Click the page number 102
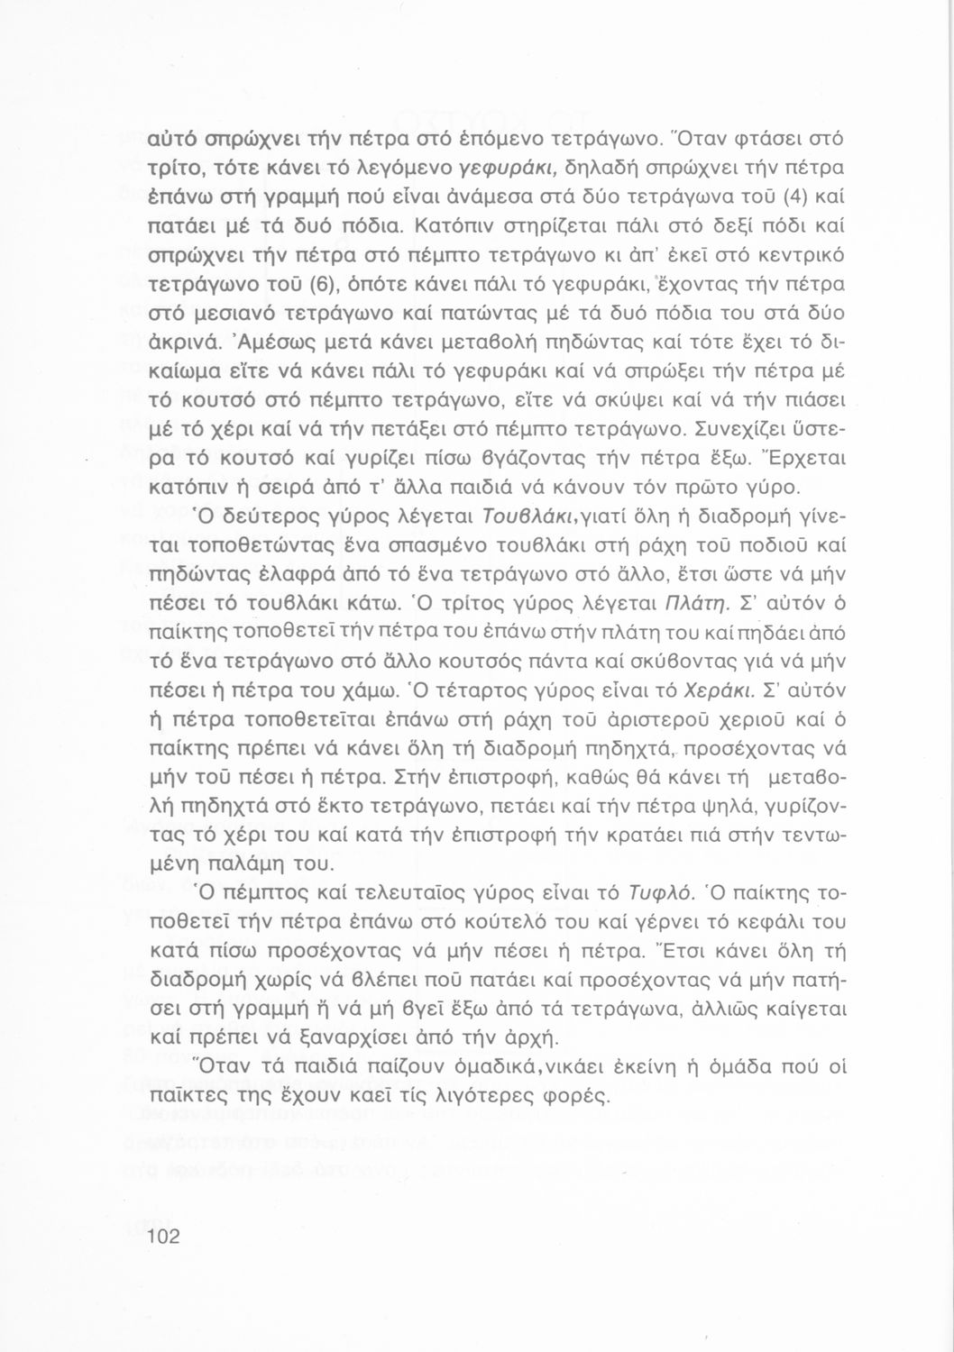(x=164, y=1236)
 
